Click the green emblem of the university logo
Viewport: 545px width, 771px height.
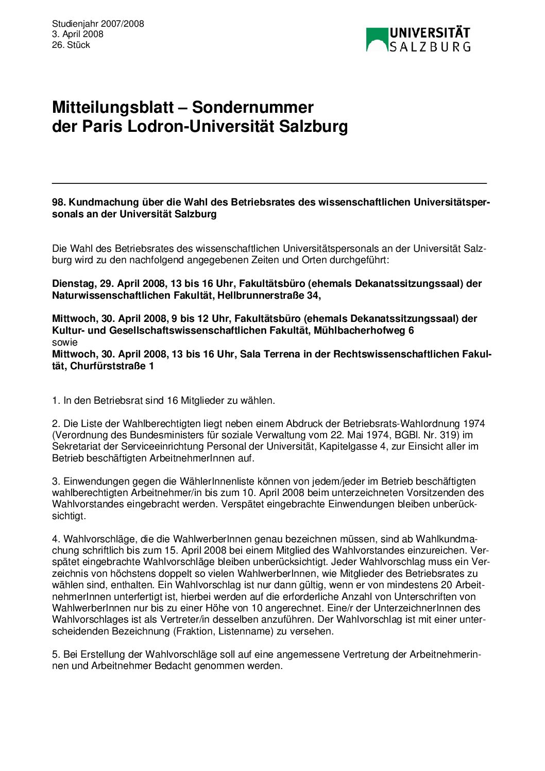(x=377, y=40)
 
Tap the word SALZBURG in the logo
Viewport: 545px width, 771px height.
(x=430, y=47)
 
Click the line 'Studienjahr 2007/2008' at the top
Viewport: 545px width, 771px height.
(x=98, y=24)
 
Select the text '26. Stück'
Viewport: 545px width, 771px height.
(x=71, y=45)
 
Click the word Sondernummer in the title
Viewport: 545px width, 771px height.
(x=253, y=107)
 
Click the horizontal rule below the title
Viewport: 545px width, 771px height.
(x=269, y=183)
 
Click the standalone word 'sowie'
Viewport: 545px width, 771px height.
(x=65, y=342)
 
